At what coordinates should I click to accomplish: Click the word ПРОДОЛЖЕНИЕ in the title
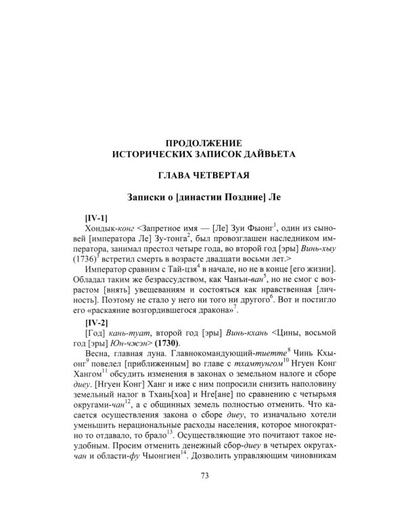(x=204, y=143)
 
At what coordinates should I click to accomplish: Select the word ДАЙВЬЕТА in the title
(x=264, y=154)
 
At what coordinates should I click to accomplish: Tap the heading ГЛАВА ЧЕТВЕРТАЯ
(x=204, y=176)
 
